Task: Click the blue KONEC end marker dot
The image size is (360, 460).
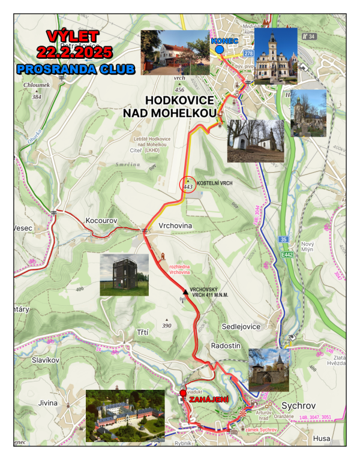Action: tap(220, 50)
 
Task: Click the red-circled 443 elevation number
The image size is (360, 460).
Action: tap(188, 187)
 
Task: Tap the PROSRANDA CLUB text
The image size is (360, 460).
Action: tap(76, 69)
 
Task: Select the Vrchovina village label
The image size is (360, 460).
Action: tap(174, 226)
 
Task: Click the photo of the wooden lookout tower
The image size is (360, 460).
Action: tap(124, 275)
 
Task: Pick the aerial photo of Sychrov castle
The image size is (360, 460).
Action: tap(125, 416)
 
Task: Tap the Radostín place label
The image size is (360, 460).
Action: tap(226, 347)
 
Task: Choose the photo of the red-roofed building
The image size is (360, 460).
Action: tap(175, 52)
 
